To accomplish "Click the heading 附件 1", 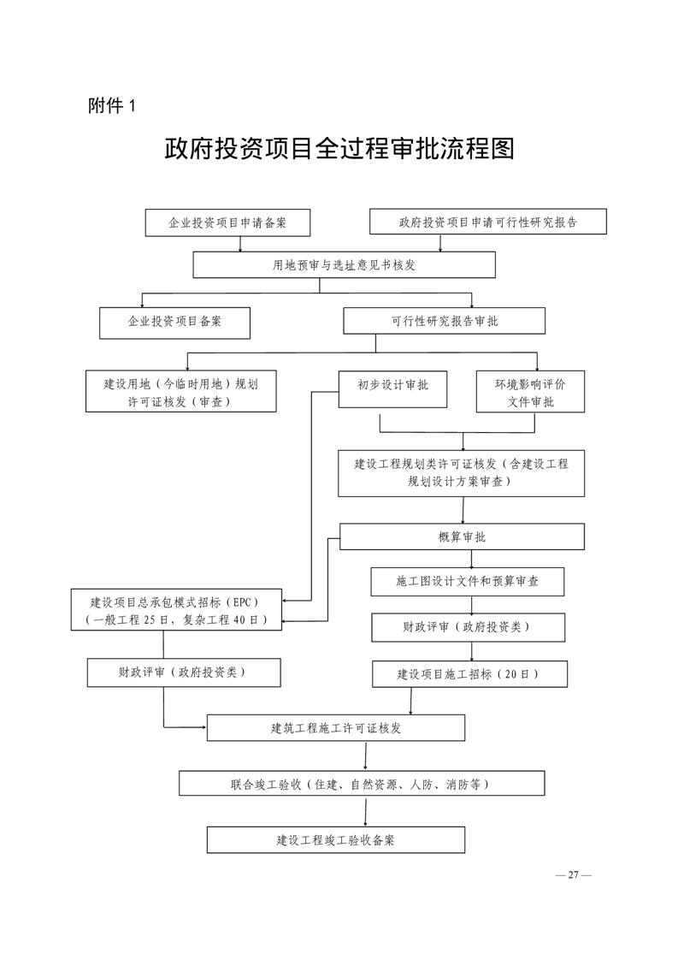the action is pos(111,106).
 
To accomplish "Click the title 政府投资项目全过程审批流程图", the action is pos(339,149).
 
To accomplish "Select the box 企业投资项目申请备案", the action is pos(227,222).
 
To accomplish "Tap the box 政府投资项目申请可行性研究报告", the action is pos(487,222).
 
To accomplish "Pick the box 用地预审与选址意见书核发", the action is pos(344,265).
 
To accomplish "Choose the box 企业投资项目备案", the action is pos(175,323).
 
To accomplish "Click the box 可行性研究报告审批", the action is pos(445,321).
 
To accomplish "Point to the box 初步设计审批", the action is pos(392,389).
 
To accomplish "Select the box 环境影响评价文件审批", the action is pos(531,392).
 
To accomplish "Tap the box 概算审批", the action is pos(462,537).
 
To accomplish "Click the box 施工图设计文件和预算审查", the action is pos(468,582).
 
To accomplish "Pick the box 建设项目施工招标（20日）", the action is pos(470,674).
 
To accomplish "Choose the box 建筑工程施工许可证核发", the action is pos(336,728).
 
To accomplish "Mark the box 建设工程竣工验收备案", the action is pos(336,840).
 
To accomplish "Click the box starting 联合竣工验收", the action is pos(362,784).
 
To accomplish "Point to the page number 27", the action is pos(574,874).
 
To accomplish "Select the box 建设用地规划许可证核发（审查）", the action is pos(181,391).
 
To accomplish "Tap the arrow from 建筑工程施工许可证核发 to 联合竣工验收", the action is pos(366,756).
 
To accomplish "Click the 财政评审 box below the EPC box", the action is pos(184,673).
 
